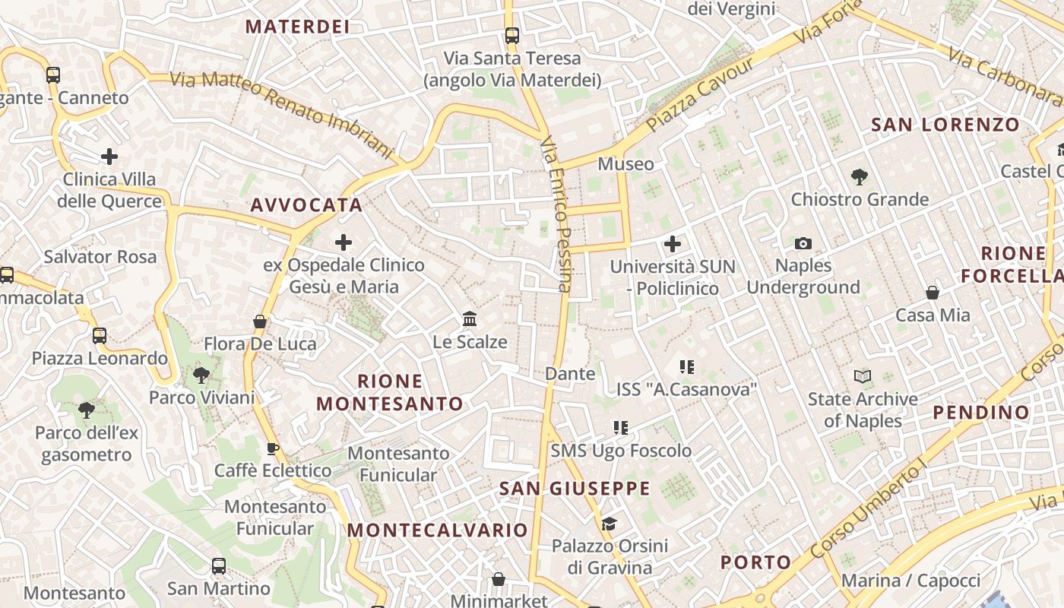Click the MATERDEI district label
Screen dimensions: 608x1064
[297, 27]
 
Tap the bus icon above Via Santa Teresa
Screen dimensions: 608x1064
[512, 35]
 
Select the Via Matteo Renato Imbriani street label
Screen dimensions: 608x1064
[281, 115]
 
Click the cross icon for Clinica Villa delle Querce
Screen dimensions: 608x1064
[109, 157]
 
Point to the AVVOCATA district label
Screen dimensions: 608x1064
[306, 204]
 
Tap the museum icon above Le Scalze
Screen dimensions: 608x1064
[470, 318]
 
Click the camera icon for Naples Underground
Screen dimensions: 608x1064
[803, 243]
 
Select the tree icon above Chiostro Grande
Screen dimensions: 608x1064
[860, 176]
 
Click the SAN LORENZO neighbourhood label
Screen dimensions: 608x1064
[945, 125]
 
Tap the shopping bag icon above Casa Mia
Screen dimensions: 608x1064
[933, 292]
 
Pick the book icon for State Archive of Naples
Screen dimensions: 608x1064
[863, 376]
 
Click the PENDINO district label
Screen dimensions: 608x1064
[981, 412]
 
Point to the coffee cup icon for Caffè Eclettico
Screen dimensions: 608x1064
[273, 448]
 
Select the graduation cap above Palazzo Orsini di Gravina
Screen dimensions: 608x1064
[609, 523]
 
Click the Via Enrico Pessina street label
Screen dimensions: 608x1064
[557, 214]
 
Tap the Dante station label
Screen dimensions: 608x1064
[570, 373]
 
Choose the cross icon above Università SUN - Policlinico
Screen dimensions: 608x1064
[673, 244]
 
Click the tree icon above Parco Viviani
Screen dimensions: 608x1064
[201, 374]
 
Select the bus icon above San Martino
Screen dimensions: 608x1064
[219, 565]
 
